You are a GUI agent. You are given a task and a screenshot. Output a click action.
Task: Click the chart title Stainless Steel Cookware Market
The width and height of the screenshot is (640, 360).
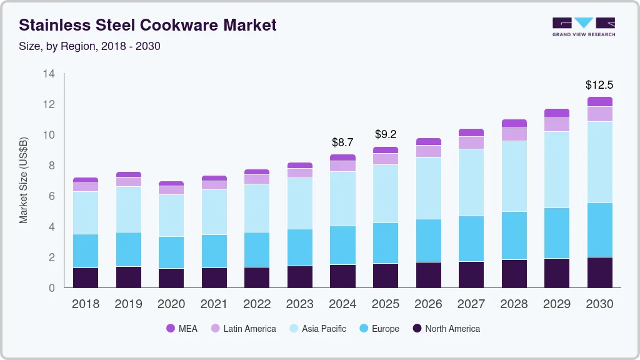[x=147, y=26]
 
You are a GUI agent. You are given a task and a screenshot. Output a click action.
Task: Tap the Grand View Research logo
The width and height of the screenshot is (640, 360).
[x=583, y=26]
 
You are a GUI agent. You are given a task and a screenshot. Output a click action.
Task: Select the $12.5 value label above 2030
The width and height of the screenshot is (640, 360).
[x=599, y=84]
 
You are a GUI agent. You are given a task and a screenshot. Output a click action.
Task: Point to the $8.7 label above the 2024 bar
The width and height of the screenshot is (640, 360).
[x=342, y=142]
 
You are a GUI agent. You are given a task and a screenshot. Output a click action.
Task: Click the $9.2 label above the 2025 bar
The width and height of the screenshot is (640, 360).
[x=385, y=134]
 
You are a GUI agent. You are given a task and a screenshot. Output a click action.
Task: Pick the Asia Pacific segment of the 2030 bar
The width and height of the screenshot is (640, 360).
[x=599, y=162]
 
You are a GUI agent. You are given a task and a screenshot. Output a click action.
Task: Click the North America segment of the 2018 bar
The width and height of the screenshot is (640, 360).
[x=86, y=277]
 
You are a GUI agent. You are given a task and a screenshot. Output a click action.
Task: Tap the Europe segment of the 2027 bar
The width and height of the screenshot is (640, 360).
[x=471, y=239]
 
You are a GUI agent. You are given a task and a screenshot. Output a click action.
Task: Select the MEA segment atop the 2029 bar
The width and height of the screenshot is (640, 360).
[x=556, y=113]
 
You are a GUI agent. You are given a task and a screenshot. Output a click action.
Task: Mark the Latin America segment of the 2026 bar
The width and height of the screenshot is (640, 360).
[x=428, y=151]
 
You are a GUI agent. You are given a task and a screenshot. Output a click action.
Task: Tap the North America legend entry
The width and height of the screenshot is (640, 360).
[x=446, y=328]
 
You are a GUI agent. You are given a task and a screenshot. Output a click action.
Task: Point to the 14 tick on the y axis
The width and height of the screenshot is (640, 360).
[x=49, y=74]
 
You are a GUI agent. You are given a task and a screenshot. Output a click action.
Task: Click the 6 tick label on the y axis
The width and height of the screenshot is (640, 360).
[x=52, y=196]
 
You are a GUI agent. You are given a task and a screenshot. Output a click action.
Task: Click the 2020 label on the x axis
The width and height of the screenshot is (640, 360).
[x=171, y=304]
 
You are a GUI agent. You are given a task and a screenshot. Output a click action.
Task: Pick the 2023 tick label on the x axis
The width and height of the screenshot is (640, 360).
[x=299, y=304]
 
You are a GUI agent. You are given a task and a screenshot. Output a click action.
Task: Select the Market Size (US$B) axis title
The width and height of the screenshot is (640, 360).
[x=24, y=179]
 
